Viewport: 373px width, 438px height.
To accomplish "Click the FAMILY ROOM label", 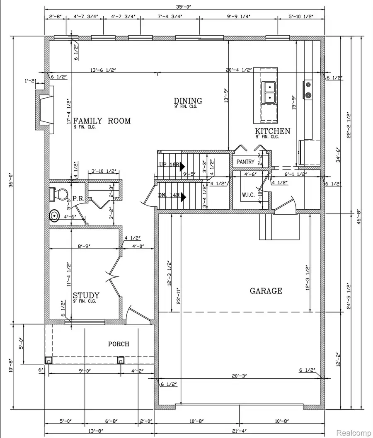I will [102, 121].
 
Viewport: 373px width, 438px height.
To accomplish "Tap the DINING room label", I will [188, 101].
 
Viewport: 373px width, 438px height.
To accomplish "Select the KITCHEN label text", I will [272, 131].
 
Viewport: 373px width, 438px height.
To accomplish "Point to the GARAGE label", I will [266, 291].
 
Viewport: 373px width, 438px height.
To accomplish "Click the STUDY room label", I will [86, 295].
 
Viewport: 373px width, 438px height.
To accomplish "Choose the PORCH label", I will [119, 344].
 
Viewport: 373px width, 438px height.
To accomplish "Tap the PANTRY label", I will [245, 162].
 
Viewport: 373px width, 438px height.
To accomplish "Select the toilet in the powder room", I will [58, 194].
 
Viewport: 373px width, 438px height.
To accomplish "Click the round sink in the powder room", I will [55, 216].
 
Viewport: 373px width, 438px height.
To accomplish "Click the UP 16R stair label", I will [170, 165].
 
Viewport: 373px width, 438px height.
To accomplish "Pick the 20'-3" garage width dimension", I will [240, 375].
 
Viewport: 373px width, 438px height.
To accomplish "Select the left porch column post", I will [48, 360].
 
